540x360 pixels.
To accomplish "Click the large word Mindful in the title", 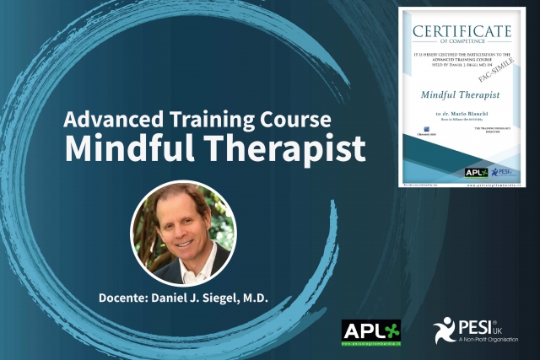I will (x=126, y=148).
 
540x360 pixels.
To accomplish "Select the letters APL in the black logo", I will (x=361, y=328).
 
